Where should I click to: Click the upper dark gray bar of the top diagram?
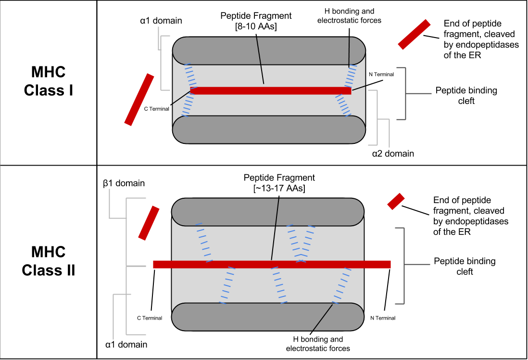click(x=298, y=51)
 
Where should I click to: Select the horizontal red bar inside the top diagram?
click(x=289, y=90)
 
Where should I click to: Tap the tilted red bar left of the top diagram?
click(x=139, y=100)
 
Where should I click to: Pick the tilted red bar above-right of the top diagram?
click(x=414, y=34)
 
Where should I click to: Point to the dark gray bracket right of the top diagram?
click(x=405, y=93)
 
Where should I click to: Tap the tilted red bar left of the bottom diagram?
click(x=149, y=223)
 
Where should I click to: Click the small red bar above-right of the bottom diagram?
click(x=396, y=201)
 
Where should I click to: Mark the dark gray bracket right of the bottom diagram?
click(x=404, y=265)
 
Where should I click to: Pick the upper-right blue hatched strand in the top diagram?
click(x=351, y=76)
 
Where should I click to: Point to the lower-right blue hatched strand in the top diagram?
click(x=343, y=105)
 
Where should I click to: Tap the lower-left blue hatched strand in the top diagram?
click(x=188, y=105)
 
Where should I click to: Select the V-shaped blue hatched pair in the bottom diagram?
click(x=301, y=244)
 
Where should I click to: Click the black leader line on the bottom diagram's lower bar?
click(x=323, y=317)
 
